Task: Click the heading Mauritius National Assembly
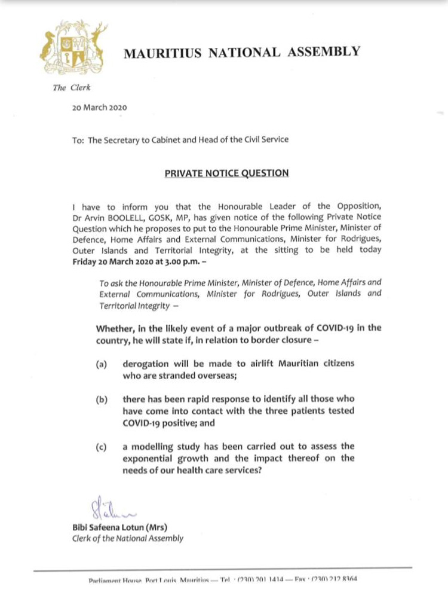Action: click(x=242, y=52)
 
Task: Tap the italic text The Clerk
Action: click(x=67, y=87)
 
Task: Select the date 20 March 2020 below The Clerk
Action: click(x=98, y=108)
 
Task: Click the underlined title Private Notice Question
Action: click(x=227, y=173)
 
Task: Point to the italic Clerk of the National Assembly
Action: click(x=128, y=539)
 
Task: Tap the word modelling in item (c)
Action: click(x=157, y=446)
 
